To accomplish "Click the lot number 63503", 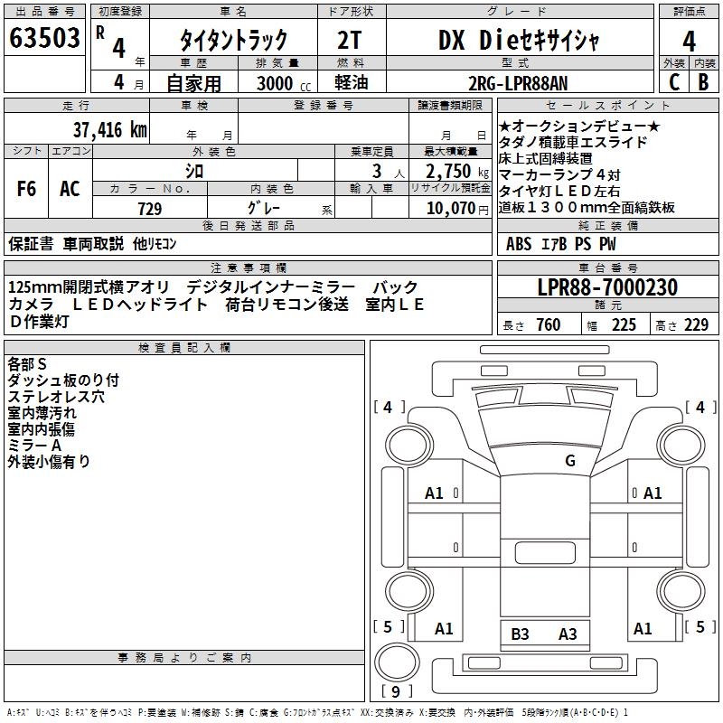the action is click(x=44, y=38).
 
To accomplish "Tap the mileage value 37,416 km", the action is click(x=109, y=130).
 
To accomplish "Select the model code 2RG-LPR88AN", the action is click(x=518, y=83).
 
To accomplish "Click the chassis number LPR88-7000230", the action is click(x=607, y=287).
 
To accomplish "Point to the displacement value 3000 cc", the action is click(x=284, y=83).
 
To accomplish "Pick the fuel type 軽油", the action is click(x=351, y=82).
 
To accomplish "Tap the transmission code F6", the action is click(x=26, y=189).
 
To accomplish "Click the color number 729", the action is click(x=150, y=209).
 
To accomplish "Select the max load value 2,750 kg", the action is click(x=457, y=171).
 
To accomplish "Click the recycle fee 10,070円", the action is click(x=457, y=209).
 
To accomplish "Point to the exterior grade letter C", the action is click(x=674, y=82).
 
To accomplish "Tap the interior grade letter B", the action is click(x=703, y=82).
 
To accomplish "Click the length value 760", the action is click(x=549, y=325).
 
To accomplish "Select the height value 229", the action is click(x=696, y=325).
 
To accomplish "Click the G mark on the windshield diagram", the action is click(x=570, y=460).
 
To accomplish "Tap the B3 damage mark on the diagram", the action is click(x=520, y=634).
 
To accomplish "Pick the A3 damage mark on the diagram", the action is click(x=568, y=634).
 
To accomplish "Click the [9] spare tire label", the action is click(x=396, y=691).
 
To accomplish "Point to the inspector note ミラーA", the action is click(x=34, y=446).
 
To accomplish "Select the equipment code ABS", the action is click(x=519, y=244).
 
